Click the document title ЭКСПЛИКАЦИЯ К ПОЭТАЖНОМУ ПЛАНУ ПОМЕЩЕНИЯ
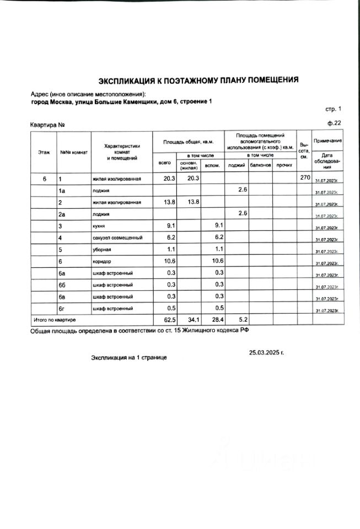point(198,80)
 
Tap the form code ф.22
point(335,123)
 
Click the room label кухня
point(100,226)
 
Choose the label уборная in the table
point(103,249)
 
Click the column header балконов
point(260,165)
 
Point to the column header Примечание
point(327,141)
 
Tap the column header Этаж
point(44,152)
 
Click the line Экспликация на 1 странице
point(128,358)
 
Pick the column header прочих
point(284,165)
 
